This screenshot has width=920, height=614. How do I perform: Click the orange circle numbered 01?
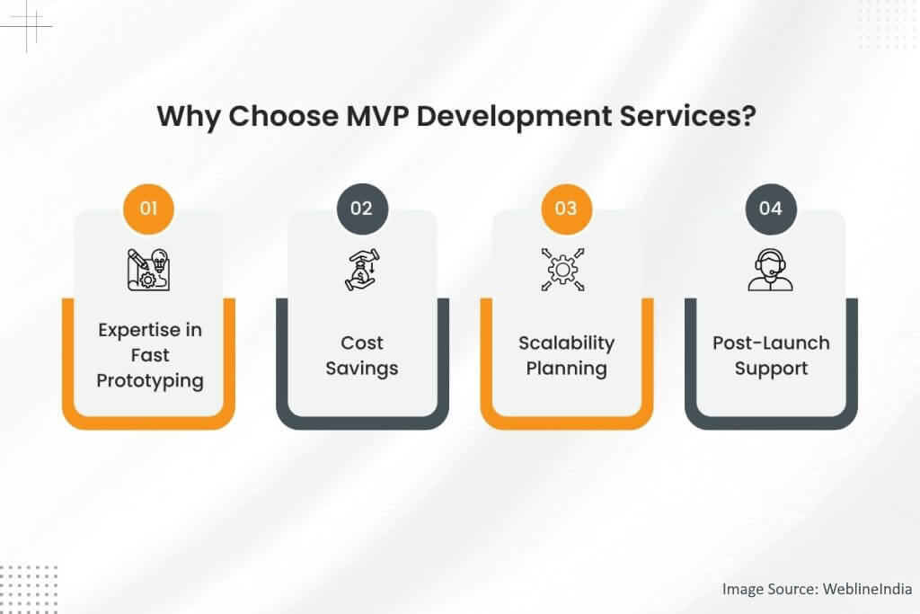148,209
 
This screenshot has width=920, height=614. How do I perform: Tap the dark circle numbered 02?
361,209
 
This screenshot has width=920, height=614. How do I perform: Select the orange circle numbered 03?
566,209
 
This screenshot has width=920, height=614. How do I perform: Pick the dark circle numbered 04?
771,209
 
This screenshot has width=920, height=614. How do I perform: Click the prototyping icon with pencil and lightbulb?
148,269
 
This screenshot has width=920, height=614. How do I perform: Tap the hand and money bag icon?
361,269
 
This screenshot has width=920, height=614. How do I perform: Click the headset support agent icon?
771,269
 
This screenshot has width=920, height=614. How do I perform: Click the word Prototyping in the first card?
150,381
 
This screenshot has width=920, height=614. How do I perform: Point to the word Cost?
362,343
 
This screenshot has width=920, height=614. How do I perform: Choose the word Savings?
362,369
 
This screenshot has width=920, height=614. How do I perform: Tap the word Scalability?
567,343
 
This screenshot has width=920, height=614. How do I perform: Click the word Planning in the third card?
567,369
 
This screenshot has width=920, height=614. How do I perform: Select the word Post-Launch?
771,343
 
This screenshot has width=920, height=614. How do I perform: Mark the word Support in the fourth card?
771,369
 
